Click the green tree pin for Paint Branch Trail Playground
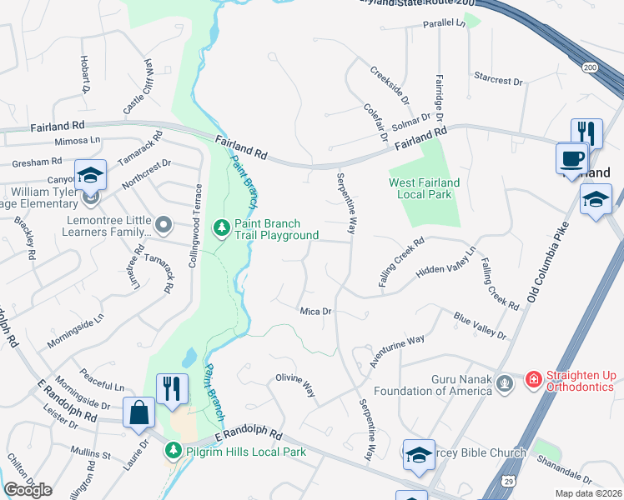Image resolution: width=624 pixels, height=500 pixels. pyautogui.click(x=221, y=227)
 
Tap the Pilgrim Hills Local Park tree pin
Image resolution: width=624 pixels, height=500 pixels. pyautogui.click(x=174, y=451)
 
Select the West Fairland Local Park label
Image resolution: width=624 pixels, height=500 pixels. pyautogui.click(x=420, y=188)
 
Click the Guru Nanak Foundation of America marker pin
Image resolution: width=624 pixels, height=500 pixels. pyautogui.click(x=503, y=382)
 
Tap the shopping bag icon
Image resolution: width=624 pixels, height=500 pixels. pyautogui.click(x=138, y=412)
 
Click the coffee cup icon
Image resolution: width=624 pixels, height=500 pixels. pyautogui.click(x=572, y=158)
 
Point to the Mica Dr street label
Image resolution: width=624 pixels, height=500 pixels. pyautogui.click(x=316, y=311)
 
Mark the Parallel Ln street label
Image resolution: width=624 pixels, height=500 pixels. pyautogui.click(x=444, y=23)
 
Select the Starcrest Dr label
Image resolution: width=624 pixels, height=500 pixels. pyautogui.click(x=497, y=82)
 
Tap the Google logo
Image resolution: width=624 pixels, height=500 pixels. pyautogui.click(x=28, y=489)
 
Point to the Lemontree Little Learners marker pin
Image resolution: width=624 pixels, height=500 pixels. pyautogui.click(x=164, y=224)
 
